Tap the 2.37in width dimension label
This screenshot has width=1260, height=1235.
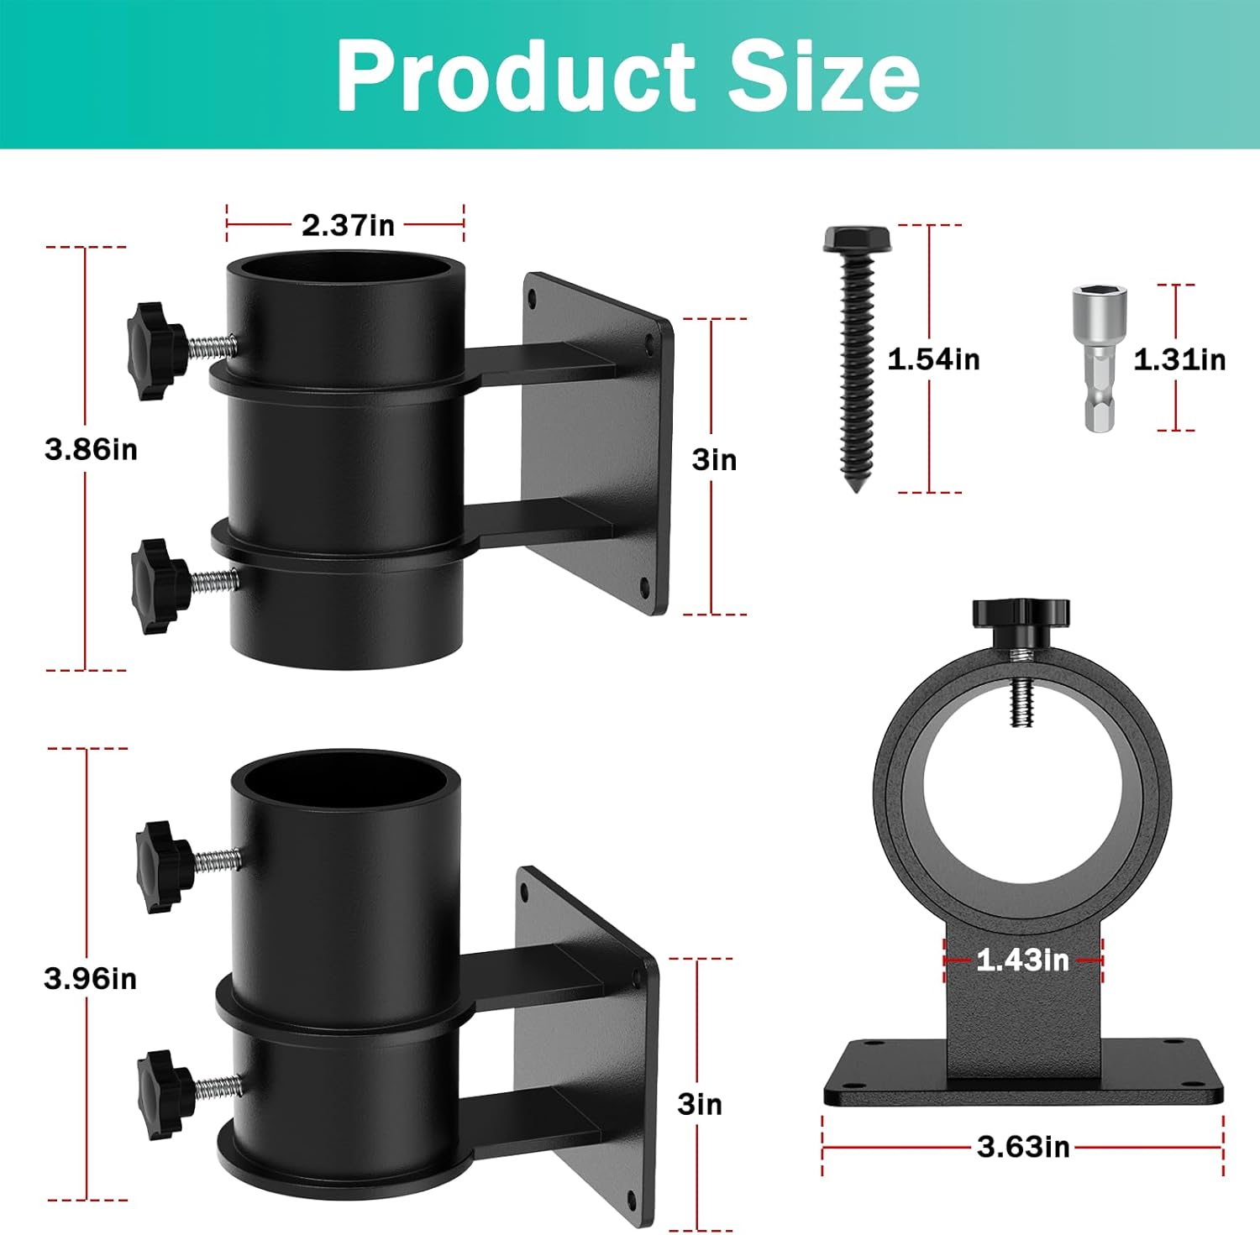point(348,225)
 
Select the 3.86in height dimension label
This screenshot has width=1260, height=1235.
point(91,449)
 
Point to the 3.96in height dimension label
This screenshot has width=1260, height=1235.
point(91,978)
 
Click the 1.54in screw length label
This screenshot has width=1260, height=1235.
point(933,359)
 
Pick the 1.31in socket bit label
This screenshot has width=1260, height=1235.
point(1179,359)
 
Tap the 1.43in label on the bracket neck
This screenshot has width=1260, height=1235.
point(1022,960)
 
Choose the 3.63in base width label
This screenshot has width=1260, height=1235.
point(1023,1147)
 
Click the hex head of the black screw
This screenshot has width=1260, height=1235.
point(857,239)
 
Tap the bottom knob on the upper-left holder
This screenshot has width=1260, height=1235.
point(160,585)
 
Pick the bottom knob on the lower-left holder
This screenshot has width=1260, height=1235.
point(166,1094)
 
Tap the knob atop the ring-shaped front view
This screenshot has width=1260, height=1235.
point(1021,613)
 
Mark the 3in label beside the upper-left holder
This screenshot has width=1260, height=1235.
point(714,460)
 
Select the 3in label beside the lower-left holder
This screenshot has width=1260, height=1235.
point(700,1105)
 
